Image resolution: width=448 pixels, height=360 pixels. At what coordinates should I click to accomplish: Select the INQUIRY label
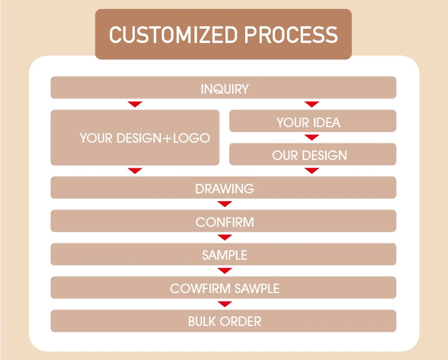coord(224,90)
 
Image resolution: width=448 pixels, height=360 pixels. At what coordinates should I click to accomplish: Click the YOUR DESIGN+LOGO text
coord(145,138)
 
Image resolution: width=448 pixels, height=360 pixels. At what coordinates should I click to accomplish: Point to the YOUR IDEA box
coord(308,123)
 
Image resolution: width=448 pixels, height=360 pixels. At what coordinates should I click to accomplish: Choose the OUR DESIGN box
coord(309,155)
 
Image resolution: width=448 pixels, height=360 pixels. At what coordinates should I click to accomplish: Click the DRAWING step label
coord(224,189)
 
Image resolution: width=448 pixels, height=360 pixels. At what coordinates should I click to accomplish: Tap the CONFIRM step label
coord(224,222)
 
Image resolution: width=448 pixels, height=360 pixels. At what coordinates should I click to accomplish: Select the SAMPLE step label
coord(224,255)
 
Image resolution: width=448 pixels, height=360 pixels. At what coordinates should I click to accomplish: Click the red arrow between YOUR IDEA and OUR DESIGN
coord(311,138)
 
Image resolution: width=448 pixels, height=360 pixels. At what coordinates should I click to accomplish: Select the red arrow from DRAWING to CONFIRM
coord(224,204)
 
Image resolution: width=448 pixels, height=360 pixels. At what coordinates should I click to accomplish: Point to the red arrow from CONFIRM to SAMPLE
coord(224,238)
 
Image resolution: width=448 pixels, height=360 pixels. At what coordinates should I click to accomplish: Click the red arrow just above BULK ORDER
coord(224,304)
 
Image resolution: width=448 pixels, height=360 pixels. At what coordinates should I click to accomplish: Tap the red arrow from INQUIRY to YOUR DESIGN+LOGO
coord(135,104)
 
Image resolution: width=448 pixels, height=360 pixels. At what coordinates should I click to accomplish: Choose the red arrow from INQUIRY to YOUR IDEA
coord(311,104)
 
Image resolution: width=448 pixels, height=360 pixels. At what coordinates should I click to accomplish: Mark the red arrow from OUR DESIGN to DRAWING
coord(311,171)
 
